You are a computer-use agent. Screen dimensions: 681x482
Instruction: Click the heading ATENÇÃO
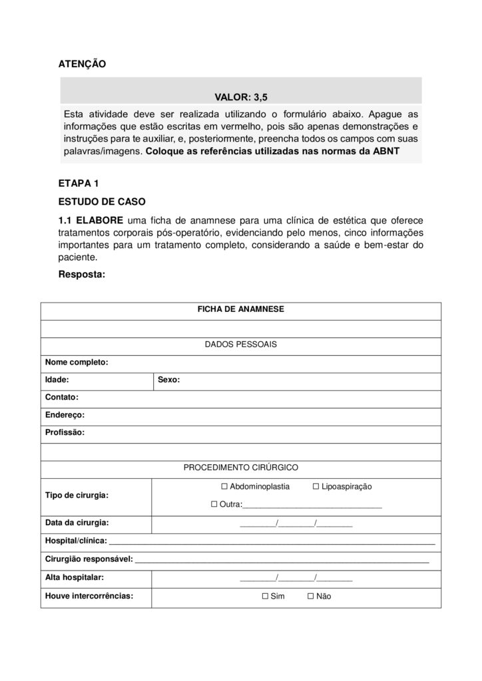point(83,64)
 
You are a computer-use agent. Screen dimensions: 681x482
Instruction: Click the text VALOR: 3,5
point(240,96)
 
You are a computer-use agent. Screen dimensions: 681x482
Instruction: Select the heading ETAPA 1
point(79,184)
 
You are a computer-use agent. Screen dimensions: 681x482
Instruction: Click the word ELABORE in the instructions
point(100,219)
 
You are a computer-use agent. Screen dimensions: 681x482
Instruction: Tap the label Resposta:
point(82,274)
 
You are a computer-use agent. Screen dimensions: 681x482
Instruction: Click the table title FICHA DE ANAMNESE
point(240,310)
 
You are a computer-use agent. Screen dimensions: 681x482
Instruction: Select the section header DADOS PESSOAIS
point(240,345)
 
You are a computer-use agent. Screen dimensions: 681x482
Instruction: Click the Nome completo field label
point(77,363)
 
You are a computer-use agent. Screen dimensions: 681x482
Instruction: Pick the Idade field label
point(57,380)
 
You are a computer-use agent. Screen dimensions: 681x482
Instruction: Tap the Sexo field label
point(168,380)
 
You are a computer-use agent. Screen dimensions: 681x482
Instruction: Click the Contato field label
point(62,398)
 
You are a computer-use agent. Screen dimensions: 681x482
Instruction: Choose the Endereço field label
point(65,415)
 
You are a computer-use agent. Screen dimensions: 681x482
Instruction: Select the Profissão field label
point(65,432)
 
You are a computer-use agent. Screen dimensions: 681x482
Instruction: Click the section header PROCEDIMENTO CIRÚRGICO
point(240,468)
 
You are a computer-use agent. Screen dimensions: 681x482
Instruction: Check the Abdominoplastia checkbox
point(224,487)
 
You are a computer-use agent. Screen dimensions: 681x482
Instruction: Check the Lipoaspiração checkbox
point(316,487)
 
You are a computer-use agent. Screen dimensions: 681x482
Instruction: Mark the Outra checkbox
point(214,505)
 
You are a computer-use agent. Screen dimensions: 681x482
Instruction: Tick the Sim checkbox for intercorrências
point(266,597)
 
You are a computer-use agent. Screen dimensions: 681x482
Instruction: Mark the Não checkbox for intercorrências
point(311,597)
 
